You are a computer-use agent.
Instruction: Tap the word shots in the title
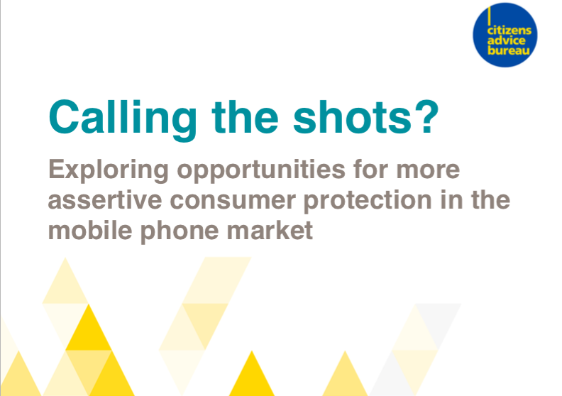click(353, 117)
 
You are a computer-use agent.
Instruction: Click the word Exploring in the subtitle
click(109, 170)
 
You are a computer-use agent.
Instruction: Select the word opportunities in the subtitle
click(261, 170)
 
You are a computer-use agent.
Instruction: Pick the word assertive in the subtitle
click(104, 200)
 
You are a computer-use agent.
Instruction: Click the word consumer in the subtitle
click(233, 201)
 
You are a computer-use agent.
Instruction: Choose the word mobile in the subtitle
click(90, 231)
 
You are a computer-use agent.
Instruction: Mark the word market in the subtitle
click(270, 231)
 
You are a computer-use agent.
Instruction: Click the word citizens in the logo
click(509, 30)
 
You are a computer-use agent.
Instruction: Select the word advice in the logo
click(506, 40)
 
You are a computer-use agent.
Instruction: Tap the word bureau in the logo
click(508, 50)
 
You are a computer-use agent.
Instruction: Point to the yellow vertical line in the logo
click(489, 16)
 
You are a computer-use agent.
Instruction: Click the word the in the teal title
click(245, 117)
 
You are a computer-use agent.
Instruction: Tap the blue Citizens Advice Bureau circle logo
click(505, 35)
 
